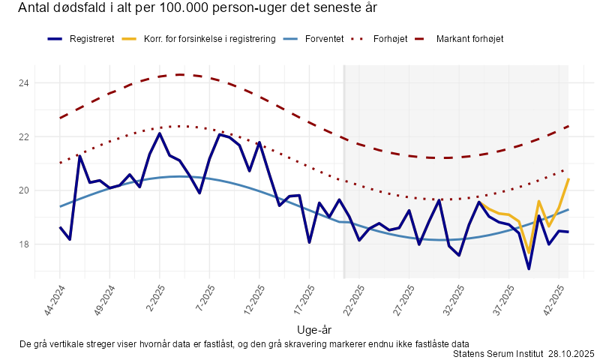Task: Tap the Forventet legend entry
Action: pyautogui.click(x=324, y=38)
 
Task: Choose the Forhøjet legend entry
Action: pyautogui.click(x=391, y=38)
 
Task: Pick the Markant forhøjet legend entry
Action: pyautogui.click(x=469, y=38)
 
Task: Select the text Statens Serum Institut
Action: pyautogui.click(x=497, y=353)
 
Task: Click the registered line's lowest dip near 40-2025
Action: pyautogui.click(x=529, y=268)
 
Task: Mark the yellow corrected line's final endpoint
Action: pyautogui.click(x=568, y=178)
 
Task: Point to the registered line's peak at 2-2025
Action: pyautogui.click(x=160, y=133)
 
